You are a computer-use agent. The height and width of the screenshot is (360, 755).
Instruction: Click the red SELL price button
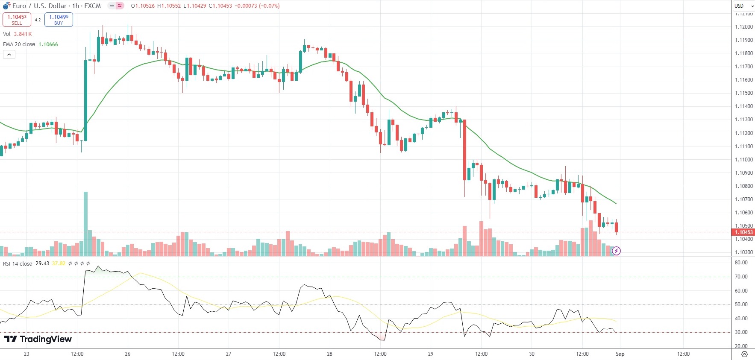[x=17, y=20]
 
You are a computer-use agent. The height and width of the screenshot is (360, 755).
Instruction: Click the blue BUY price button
[x=59, y=20]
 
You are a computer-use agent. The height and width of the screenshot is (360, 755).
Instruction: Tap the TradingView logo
[x=38, y=339]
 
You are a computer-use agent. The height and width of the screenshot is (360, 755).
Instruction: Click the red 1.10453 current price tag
[x=743, y=232]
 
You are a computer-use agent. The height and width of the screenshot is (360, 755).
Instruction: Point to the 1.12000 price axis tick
[x=743, y=27]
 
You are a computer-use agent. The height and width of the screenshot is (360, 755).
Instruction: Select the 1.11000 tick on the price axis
[x=743, y=160]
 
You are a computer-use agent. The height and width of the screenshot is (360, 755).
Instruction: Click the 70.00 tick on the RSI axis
[x=741, y=277]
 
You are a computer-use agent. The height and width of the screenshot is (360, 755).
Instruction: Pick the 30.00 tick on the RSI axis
[x=741, y=332]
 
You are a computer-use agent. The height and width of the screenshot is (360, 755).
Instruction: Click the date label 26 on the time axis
[x=127, y=354]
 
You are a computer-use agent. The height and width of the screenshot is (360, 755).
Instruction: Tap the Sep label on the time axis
[x=620, y=354]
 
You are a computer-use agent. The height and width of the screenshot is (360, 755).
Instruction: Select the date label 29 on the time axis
[x=431, y=354]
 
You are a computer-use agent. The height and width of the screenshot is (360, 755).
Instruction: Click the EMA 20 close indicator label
[x=19, y=44]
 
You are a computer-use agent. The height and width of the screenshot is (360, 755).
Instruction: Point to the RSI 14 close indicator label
[x=18, y=264]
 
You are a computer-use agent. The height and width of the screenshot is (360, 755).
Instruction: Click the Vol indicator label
[x=7, y=34]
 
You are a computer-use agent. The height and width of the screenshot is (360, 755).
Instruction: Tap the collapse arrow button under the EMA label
[x=9, y=54]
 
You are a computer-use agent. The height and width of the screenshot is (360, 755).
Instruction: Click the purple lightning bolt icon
[x=616, y=251]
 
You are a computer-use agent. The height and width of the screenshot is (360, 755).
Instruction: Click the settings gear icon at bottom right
[x=744, y=354]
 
